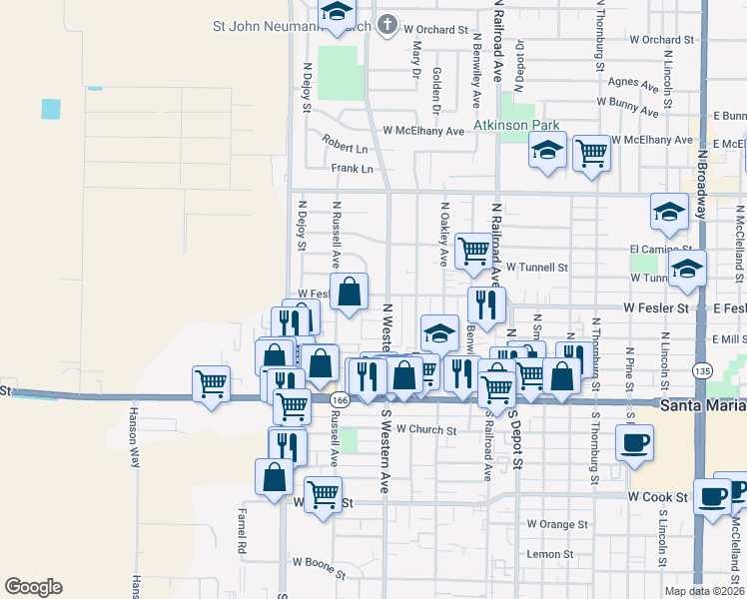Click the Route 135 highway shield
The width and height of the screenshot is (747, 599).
pos(702,371)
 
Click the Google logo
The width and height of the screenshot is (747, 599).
pos(33,587)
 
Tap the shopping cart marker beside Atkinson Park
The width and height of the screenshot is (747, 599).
pos(591,153)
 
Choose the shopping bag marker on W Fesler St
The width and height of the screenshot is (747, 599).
pos(350,293)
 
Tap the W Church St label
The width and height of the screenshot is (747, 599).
pos(425,430)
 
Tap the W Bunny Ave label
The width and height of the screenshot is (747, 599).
pos(629,102)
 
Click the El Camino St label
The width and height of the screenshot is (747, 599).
pos(660,249)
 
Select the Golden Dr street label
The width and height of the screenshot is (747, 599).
pos(437,85)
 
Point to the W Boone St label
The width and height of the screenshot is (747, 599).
pos(319,575)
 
